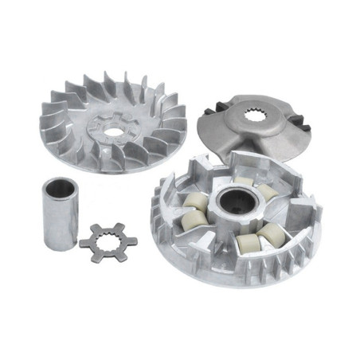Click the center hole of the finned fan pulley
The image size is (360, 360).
pos(115,130)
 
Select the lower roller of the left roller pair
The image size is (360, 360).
pos(190,221)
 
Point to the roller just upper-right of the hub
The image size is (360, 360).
pos(264,191)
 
